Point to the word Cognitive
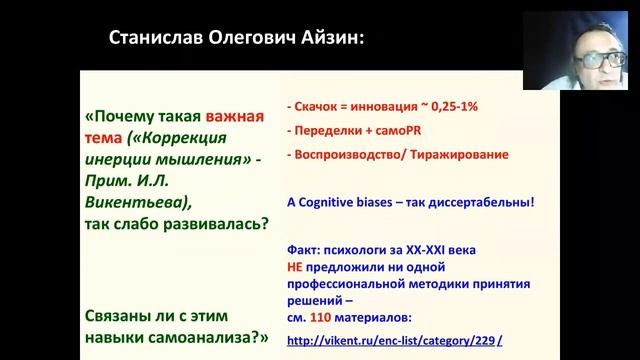[x=336, y=201]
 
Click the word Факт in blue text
[x=303, y=243]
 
